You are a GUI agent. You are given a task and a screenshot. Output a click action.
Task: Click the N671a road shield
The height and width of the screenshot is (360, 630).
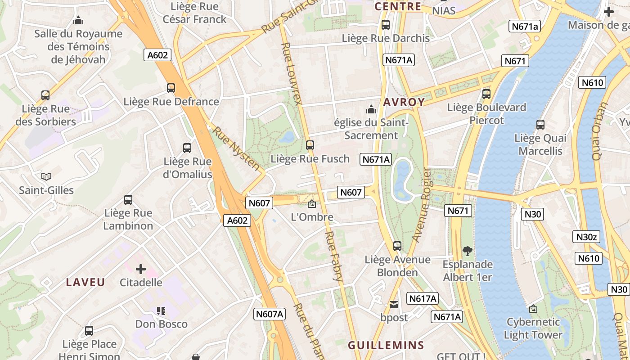point(525,27)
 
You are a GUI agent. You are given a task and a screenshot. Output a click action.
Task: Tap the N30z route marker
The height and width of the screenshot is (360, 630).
point(586,237)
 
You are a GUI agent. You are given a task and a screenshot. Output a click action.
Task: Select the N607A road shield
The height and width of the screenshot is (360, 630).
point(270,314)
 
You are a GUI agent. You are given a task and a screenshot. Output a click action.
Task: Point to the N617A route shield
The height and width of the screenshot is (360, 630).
point(423,298)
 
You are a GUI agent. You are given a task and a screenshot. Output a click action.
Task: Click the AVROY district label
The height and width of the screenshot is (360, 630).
point(404,102)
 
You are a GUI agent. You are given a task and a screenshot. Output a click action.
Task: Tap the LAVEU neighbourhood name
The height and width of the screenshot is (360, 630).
point(85,283)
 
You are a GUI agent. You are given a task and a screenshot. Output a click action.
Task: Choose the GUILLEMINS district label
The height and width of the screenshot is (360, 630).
point(386,345)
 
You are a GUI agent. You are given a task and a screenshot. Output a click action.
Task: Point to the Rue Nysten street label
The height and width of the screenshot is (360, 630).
point(236,148)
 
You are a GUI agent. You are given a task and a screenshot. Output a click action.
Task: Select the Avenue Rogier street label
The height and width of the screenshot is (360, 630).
point(422,205)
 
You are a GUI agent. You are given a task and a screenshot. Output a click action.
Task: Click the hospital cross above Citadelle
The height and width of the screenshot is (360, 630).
point(141,269)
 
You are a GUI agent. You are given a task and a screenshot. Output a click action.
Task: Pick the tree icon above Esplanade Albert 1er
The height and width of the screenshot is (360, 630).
point(468,251)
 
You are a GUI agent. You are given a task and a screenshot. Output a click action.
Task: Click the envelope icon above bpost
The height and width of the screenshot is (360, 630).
point(394,305)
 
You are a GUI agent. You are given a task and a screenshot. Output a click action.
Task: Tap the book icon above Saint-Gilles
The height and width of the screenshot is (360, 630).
point(46,176)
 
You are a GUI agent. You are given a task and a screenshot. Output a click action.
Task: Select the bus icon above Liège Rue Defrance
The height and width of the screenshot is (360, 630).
point(171,88)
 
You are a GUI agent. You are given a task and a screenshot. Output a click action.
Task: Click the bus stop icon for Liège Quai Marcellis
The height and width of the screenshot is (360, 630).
point(540,125)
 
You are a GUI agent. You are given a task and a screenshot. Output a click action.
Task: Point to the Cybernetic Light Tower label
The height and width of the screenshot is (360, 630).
point(533,328)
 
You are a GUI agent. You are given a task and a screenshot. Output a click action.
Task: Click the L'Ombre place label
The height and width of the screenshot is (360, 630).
point(312,217)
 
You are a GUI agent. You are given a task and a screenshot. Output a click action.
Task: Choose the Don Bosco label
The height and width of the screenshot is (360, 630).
point(162,324)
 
